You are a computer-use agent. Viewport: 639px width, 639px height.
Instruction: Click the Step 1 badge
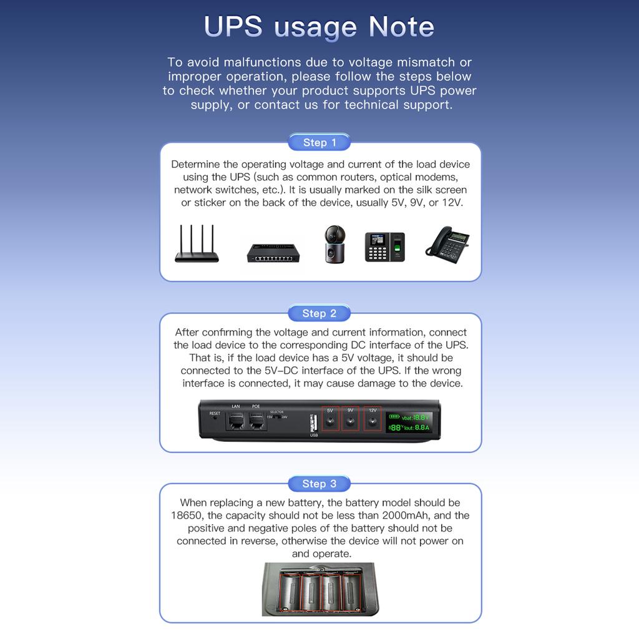(x=319, y=142)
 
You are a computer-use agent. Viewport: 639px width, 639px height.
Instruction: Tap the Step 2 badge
(x=319, y=313)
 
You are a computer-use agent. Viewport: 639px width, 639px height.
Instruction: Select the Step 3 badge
(x=319, y=484)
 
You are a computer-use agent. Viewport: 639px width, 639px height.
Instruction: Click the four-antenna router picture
(x=197, y=244)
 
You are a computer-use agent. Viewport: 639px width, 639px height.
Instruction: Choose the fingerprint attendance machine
(x=384, y=246)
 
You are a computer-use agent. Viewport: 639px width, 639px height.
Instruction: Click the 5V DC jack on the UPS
(x=330, y=422)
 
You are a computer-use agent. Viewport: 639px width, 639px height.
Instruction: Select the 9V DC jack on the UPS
(x=351, y=422)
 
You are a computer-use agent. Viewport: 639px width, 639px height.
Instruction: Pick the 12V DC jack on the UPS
(x=373, y=422)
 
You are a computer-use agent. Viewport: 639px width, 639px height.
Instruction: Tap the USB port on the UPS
(x=313, y=422)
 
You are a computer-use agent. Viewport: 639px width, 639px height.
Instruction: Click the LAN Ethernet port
(x=236, y=421)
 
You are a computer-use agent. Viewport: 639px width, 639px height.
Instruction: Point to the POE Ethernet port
(x=256, y=421)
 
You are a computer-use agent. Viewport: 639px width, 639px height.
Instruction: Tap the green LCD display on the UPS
(x=409, y=422)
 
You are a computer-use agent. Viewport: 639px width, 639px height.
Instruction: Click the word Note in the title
(x=401, y=27)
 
